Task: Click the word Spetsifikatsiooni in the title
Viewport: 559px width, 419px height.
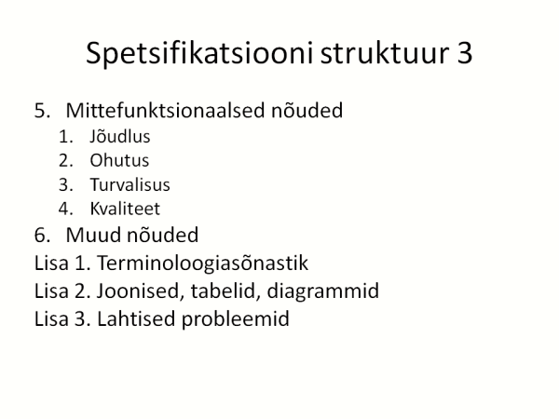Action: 199,53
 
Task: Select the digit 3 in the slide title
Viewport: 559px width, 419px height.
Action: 464,53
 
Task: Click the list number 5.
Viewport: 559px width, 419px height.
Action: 42,111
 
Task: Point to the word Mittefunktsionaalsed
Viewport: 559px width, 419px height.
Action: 166,110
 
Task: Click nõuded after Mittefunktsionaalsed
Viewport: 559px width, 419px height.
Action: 307,110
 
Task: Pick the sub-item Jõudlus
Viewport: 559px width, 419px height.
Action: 120,137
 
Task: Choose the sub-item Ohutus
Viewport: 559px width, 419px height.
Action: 119,160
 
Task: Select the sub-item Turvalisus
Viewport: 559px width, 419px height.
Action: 130,184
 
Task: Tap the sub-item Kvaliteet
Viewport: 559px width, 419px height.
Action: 125,209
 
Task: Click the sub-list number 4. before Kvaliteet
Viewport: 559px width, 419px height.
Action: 66,209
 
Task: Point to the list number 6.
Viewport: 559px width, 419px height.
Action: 42,236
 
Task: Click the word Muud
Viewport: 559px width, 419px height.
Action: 93,235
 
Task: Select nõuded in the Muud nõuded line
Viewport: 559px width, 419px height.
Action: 162,235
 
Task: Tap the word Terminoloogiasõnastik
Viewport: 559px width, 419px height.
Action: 202,263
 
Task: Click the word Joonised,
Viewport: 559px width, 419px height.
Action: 141,291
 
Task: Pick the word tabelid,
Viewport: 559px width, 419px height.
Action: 225,291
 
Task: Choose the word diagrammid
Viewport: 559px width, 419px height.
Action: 322,291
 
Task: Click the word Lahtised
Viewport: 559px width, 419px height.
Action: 136,318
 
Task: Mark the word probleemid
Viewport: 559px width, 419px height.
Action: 236,318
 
